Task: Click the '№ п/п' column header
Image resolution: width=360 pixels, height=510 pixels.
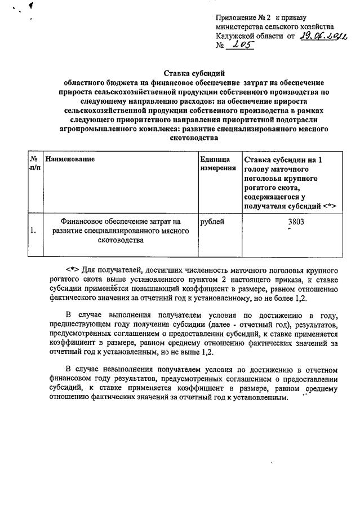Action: pos(34,164)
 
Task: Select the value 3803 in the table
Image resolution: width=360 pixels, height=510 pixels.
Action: pos(296,222)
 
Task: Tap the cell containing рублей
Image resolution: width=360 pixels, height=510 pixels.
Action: pos(212,222)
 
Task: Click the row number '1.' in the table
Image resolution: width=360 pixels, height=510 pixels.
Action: pos(33,230)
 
